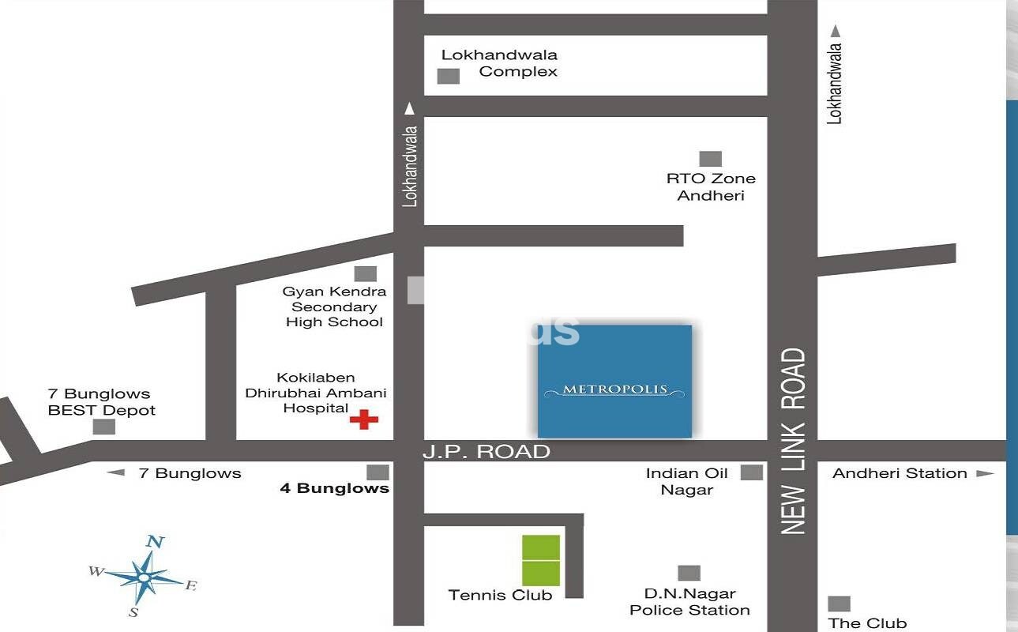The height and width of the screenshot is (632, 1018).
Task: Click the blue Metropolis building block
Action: pos(614,381)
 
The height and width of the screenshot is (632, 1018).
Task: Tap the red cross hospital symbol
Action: pos(363,419)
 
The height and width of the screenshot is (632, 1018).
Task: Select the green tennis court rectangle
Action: pos(541,560)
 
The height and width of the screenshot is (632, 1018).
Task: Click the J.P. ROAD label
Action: pos(486,452)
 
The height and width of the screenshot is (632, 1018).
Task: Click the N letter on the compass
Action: pos(156,542)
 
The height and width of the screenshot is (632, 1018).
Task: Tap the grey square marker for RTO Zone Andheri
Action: pos(710,159)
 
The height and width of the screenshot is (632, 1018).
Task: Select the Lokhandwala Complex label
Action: pos(499,63)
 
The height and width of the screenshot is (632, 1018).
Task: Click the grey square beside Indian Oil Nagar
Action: pos(752,472)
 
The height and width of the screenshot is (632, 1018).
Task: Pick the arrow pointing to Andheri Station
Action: pos(984,473)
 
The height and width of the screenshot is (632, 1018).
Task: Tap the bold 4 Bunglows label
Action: pos(335,488)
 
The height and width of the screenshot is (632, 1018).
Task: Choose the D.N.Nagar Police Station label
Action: pos(689,602)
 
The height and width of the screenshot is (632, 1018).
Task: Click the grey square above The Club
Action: pos(839,604)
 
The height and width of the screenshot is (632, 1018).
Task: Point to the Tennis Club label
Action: pos(500,595)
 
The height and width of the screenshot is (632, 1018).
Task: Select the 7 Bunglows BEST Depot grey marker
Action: pos(103,427)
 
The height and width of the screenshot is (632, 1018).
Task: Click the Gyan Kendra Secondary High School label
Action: pos(334,307)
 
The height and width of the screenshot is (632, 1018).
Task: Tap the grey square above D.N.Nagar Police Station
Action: pos(689,573)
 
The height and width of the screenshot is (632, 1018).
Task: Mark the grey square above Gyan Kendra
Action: pos(365,273)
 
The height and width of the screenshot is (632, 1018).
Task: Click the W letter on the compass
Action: pos(96,571)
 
